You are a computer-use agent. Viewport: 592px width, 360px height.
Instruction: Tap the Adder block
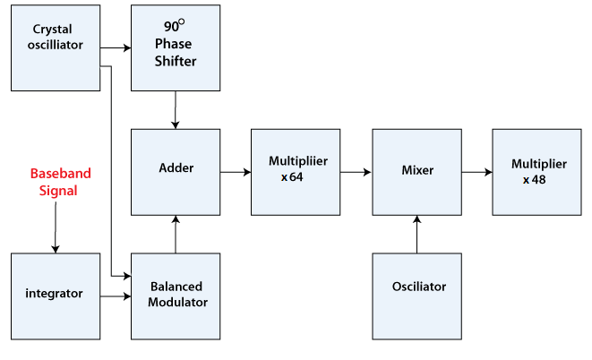(x=176, y=171)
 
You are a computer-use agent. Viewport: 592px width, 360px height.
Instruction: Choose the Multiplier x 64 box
(x=296, y=171)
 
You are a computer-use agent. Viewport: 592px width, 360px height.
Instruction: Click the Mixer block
(x=416, y=171)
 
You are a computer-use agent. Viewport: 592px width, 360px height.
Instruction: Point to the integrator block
(x=55, y=296)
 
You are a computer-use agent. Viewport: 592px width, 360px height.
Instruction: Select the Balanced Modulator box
(x=176, y=296)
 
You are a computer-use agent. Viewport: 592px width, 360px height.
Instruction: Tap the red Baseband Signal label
(x=61, y=182)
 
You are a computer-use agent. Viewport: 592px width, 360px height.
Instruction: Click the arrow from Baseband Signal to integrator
(x=55, y=228)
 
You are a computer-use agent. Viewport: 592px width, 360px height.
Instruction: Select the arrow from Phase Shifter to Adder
(x=175, y=109)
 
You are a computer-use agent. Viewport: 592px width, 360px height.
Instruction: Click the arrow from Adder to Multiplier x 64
(x=236, y=171)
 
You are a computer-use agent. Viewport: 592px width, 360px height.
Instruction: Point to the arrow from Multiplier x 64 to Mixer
(x=356, y=171)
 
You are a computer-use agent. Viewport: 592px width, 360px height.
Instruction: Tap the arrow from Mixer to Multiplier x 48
(x=476, y=171)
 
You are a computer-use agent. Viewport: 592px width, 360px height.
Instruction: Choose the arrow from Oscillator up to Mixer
(x=416, y=234)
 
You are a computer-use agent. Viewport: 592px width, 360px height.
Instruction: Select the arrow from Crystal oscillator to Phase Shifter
(x=115, y=47)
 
